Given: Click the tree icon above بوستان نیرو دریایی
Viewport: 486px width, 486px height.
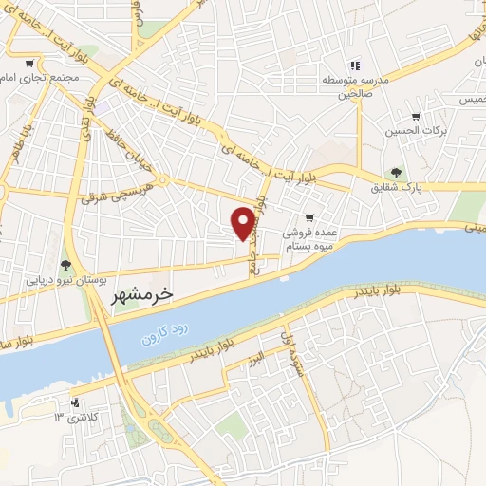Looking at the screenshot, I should click(65, 265).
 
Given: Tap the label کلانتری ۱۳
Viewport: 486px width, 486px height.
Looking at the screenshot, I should click(76, 416).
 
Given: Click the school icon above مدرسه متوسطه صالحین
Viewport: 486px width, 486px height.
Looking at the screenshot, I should click(354, 65).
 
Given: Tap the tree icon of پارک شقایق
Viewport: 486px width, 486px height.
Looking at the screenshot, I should click(396, 173).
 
